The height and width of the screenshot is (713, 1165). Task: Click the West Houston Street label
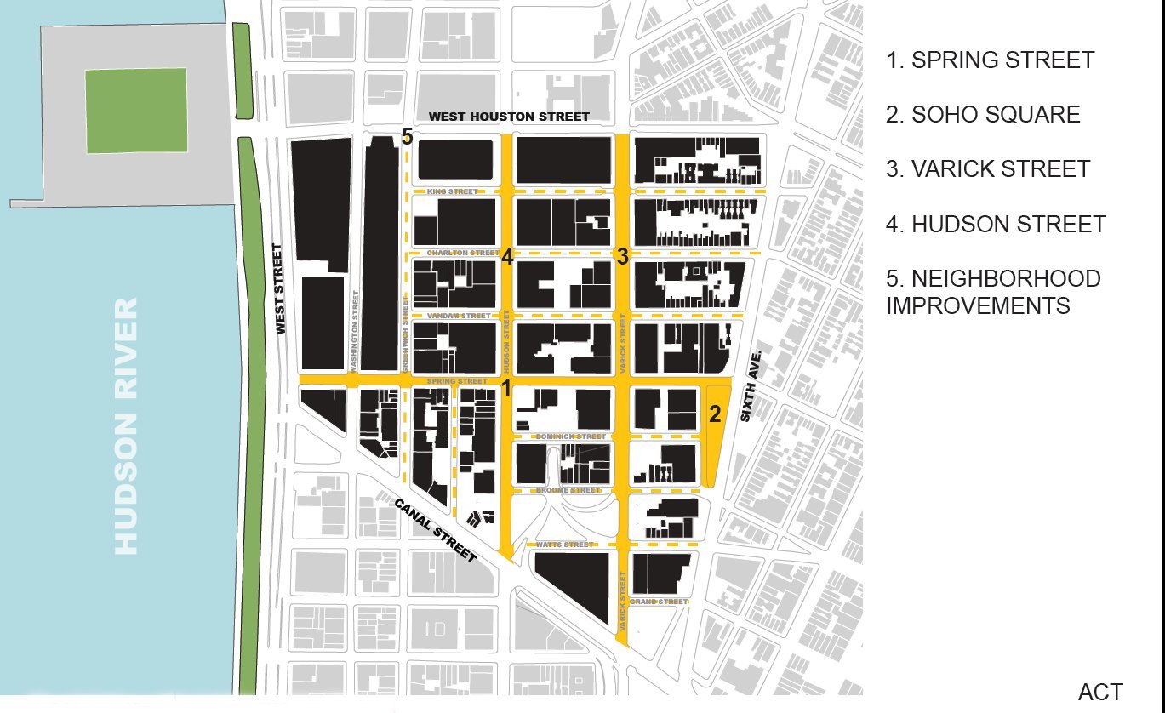(508, 117)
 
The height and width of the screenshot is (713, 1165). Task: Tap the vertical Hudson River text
(126, 426)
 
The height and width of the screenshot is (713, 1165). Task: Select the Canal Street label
(435, 529)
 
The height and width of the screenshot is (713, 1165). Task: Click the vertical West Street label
(280, 289)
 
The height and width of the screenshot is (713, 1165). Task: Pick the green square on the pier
(136, 111)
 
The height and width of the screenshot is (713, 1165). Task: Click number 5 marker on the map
(407, 138)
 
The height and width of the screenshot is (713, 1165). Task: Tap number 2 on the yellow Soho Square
(716, 414)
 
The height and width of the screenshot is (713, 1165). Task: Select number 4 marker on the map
(506, 256)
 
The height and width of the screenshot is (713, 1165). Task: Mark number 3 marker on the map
(622, 256)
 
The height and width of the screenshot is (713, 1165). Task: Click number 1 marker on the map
(505, 389)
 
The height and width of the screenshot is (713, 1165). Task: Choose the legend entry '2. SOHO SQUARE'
(983, 115)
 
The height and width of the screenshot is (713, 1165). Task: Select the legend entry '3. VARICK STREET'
(987, 169)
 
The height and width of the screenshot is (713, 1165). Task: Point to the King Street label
(453, 192)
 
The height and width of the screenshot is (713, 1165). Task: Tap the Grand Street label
(659, 602)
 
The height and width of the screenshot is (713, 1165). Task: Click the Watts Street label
(565, 545)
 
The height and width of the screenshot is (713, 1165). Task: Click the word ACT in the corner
(1100, 693)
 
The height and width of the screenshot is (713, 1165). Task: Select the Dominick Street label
(570, 436)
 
